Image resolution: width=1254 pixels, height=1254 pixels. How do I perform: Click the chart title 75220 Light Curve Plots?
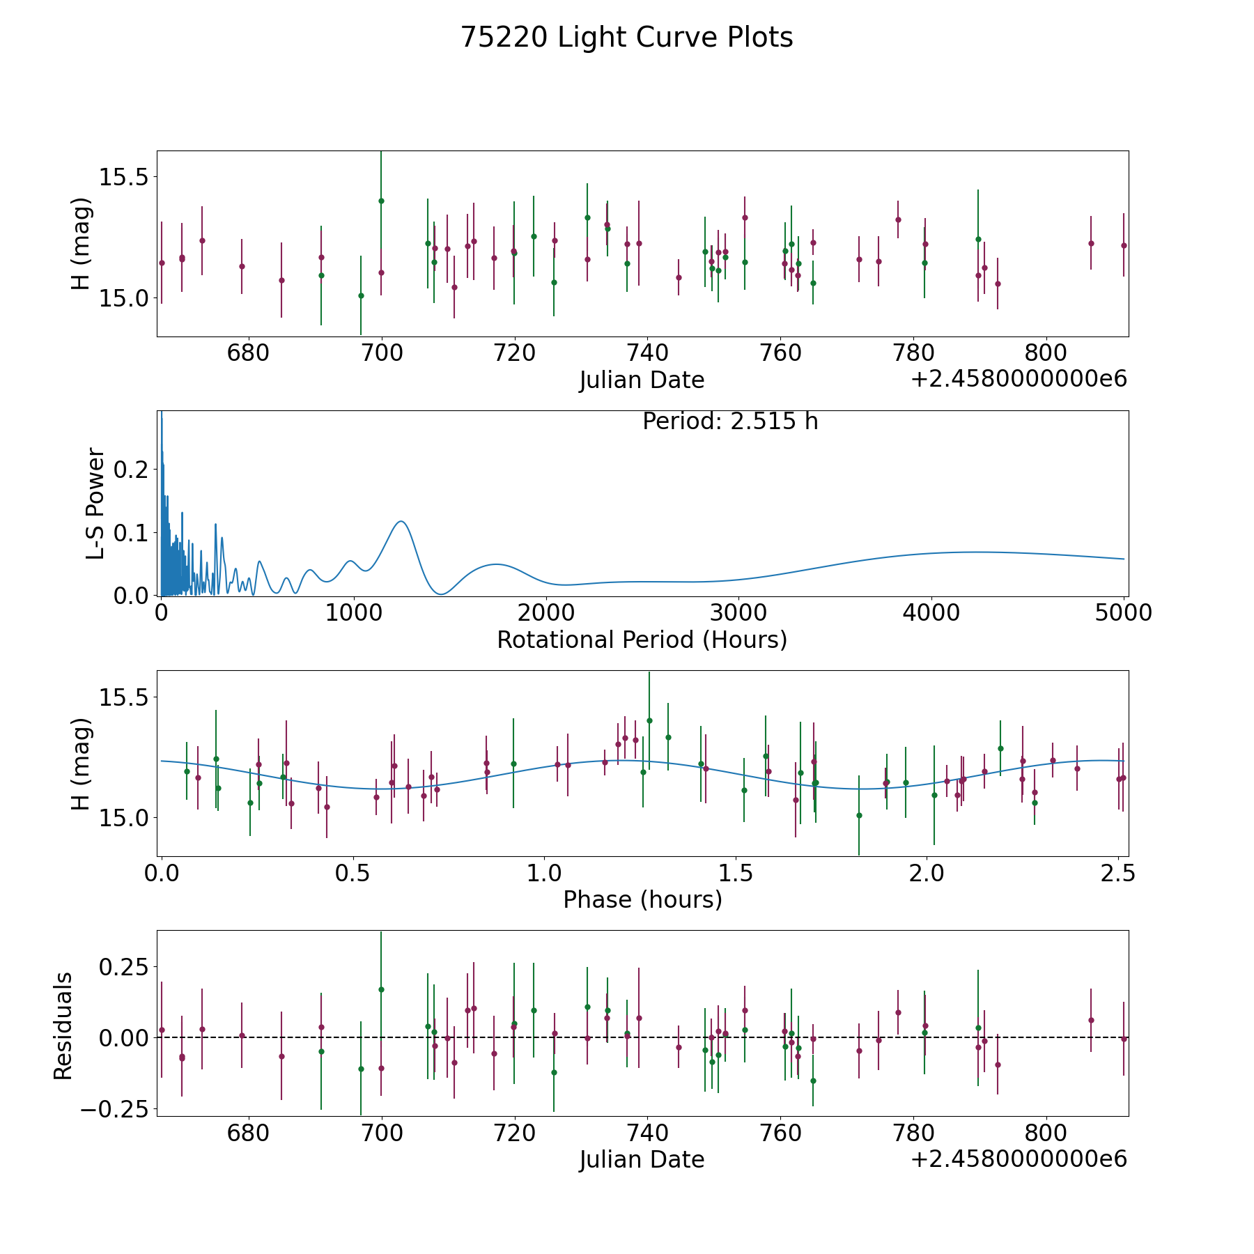click(x=626, y=38)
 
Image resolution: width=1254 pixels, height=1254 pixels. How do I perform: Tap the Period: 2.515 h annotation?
click(x=729, y=421)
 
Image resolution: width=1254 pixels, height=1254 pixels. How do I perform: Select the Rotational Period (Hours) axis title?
click(x=642, y=640)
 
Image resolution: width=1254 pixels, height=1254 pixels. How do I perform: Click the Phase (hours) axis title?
click(x=642, y=899)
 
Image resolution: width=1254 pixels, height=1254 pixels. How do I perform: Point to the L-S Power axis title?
click(x=95, y=503)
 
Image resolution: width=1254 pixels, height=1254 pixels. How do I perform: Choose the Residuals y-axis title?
click(x=63, y=1025)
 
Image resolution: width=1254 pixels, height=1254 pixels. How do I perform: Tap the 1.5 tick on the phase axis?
click(x=736, y=873)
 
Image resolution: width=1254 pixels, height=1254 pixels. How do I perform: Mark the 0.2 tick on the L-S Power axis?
click(x=131, y=470)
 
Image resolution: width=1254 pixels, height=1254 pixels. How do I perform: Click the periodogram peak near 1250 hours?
click(x=401, y=521)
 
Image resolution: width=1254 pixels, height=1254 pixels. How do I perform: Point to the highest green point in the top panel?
click(x=381, y=201)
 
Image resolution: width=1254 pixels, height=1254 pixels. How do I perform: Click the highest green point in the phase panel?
click(x=649, y=720)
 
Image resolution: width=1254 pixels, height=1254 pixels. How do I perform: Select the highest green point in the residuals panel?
click(x=381, y=989)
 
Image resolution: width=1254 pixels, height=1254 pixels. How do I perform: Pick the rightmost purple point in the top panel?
click(x=1124, y=245)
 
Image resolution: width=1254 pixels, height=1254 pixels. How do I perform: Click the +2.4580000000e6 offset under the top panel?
click(x=1019, y=379)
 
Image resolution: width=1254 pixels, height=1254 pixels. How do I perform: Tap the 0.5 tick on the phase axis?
click(x=353, y=873)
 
